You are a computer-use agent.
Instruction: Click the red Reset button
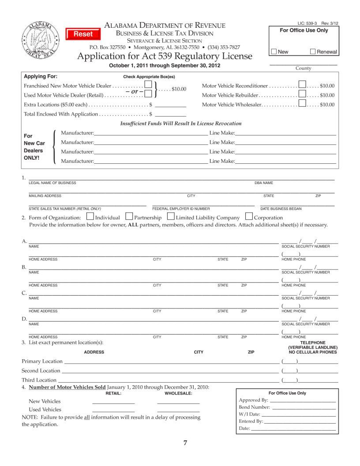click(83, 34)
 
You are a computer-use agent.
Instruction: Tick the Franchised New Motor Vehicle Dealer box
click(149, 84)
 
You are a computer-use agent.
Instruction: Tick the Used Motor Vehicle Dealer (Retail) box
click(149, 94)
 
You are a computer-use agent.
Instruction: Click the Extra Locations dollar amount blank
click(170, 105)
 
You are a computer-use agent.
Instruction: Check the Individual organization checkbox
click(90, 217)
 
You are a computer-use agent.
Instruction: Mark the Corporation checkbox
click(249, 217)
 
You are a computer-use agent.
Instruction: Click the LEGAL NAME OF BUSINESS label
click(52, 183)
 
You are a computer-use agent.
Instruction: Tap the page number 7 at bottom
click(185, 443)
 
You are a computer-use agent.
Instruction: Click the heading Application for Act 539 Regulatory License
click(165, 56)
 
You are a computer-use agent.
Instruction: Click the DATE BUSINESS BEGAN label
click(281, 209)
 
